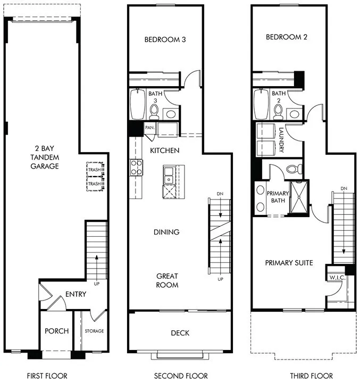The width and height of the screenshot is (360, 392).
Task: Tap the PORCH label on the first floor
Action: click(x=56, y=331)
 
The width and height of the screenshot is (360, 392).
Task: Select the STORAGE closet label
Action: click(x=94, y=331)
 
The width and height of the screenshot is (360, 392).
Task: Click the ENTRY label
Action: click(x=76, y=294)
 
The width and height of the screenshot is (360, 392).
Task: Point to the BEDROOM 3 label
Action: click(x=165, y=39)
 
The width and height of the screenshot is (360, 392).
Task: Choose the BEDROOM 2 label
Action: click(x=287, y=37)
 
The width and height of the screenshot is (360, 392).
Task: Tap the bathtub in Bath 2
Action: click(x=262, y=104)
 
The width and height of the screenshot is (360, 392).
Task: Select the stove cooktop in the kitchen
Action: click(x=136, y=167)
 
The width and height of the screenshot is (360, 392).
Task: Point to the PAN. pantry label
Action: click(x=150, y=128)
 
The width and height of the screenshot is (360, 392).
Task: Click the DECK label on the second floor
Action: click(x=180, y=333)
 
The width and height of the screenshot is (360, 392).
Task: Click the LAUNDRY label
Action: click(x=281, y=139)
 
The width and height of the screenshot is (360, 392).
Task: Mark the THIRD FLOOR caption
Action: click(x=311, y=376)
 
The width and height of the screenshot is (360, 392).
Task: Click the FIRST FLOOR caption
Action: click(x=47, y=376)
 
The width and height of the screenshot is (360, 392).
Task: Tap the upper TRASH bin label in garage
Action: click(x=94, y=169)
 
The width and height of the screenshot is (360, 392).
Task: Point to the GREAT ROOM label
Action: click(x=167, y=280)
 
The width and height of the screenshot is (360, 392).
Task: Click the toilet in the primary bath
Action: click(x=293, y=170)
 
